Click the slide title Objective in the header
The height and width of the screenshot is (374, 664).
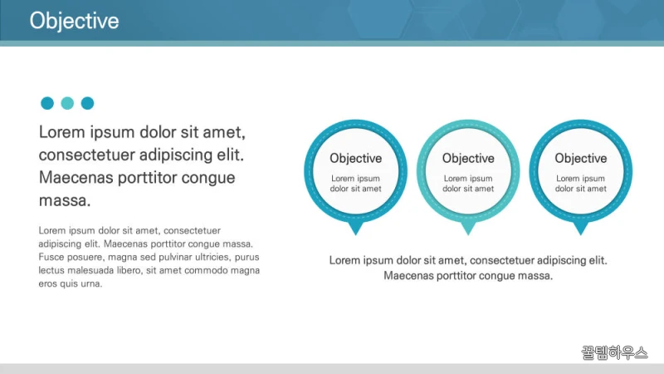coord(74,21)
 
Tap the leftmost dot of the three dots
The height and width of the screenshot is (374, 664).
coord(47,103)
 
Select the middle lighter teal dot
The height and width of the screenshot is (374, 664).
coord(67,103)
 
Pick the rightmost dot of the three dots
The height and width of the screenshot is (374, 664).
coord(88,103)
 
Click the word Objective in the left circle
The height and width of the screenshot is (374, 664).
coord(356,158)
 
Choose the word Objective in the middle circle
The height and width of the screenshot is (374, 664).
coord(468,158)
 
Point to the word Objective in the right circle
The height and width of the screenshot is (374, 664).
coord(581,158)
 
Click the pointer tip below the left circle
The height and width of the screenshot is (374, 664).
coord(356,235)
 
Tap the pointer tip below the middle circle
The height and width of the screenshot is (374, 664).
coord(468,235)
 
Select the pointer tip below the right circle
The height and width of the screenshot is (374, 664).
coord(581,235)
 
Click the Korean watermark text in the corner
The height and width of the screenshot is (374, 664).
coord(614,352)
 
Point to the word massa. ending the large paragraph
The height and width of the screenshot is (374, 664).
coord(65,200)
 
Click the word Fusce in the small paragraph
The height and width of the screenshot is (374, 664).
coord(50,257)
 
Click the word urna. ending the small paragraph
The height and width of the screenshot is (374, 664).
coord(91,283)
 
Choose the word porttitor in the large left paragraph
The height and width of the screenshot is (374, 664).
coord(148,178)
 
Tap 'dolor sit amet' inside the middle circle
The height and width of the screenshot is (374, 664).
coord(468,189)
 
